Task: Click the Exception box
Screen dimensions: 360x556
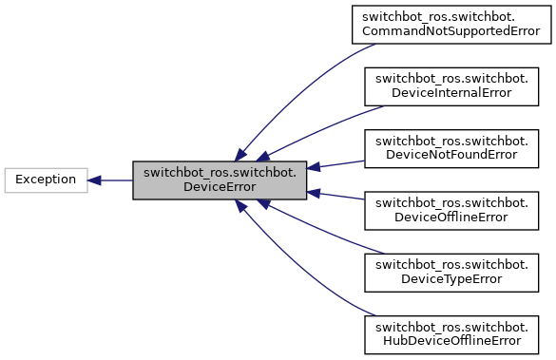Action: [x=46, y=180]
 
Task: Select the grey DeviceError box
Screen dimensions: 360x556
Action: [x=219, y=180]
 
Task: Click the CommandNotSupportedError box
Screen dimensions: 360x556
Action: [x=451, y=25]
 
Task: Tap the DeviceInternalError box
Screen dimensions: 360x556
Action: [x=451, y=86]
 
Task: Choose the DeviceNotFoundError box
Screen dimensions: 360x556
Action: [x=451, y=148]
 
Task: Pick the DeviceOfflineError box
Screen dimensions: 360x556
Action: [x=451, y=210]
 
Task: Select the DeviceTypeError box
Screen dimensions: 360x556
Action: [x=451, y=272]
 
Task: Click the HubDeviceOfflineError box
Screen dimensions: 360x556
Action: [x=451, y=333]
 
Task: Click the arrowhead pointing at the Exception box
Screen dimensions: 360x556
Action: [x=96, y=180]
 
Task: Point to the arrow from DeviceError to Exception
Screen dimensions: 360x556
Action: [x=114, y=180]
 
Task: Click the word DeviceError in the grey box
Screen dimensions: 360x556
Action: [x=219, y=187]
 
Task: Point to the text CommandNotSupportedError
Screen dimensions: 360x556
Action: [x=451, y=32]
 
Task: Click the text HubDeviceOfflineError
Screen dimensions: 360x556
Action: [x=451, y=341]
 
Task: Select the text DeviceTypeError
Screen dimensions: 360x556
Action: [x=451, y=279]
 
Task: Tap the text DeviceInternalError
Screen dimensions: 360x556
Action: [x=451, y=94]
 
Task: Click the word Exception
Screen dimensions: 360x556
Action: [x=46, y=180]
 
